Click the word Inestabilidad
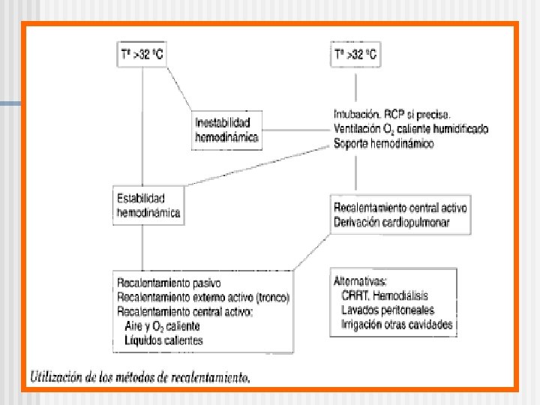[223, 121]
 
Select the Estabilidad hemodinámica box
[148, 205]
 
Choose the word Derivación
[358, 221]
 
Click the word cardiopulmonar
[416, 221]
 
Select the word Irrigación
[365, 324]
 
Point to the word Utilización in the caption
[59, 376]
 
